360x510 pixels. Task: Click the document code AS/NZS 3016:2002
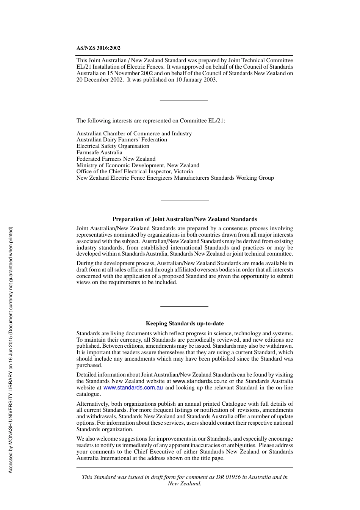98,48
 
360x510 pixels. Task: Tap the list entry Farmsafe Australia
99,152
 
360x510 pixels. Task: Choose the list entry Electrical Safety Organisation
113,146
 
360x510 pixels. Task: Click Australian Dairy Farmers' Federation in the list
122,140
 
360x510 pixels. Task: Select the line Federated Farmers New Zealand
116,159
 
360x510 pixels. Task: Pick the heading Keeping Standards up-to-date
185,323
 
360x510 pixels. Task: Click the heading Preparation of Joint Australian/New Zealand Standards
185,219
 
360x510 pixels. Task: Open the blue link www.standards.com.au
133,388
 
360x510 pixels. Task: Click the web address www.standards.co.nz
200,381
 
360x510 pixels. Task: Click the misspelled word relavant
223,388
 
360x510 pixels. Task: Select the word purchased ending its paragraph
89,365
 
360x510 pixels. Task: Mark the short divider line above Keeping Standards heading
184,306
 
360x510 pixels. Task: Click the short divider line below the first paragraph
184,100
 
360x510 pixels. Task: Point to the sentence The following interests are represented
150,121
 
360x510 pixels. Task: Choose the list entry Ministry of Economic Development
138,165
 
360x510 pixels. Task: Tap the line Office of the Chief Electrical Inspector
135,171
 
